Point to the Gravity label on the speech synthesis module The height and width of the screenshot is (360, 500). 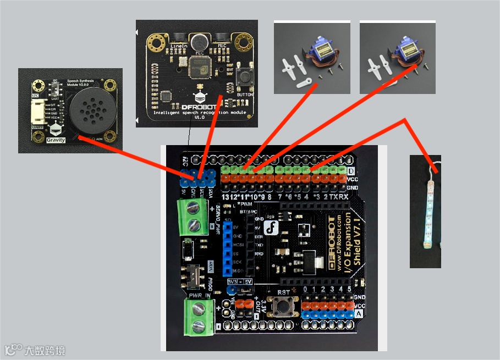coord(56,140)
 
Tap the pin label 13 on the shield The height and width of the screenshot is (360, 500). coord(225,197)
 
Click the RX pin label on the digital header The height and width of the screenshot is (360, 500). coord(343,197)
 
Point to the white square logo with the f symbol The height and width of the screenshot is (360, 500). coord(271,228)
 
